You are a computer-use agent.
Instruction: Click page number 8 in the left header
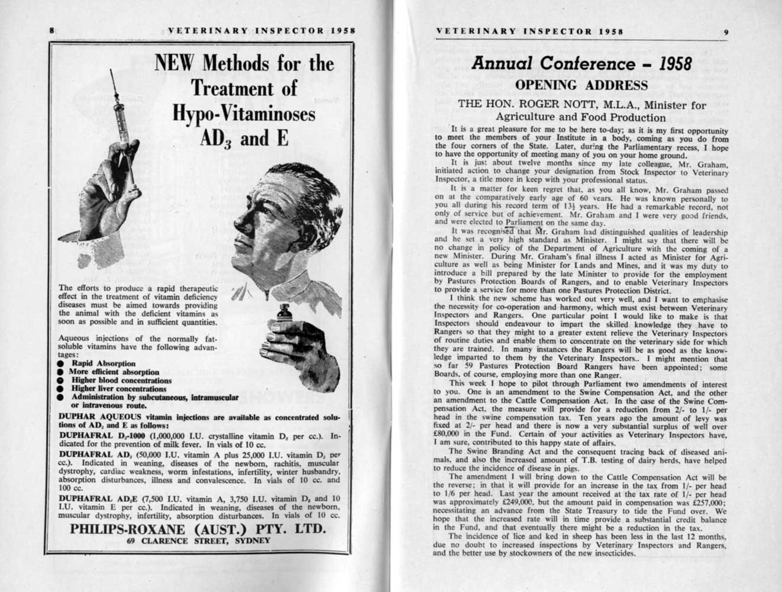(x=52, y=30)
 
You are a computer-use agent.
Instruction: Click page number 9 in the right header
(x=726, y=33)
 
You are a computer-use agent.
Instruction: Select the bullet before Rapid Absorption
(x=61, y=363)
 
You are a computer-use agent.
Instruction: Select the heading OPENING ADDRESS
(x=581, y=85)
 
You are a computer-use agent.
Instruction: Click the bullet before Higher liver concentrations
(x=61, y=389)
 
